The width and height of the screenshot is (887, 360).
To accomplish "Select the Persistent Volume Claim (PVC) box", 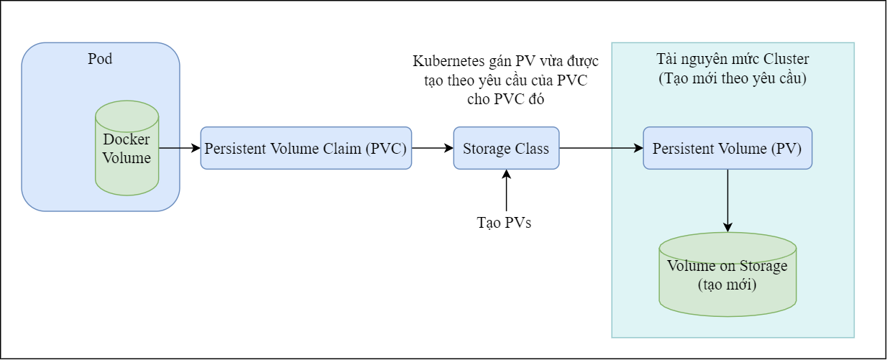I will click(306, 149).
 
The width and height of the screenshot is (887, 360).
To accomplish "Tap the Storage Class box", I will click(505, 149).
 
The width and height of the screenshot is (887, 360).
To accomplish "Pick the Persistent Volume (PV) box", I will click(727, 149).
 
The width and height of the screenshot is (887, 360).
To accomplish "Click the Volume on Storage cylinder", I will click(727, 273).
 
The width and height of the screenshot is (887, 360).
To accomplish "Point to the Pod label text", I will click(100, 59).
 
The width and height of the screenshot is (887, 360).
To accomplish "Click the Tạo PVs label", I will click(505, 223).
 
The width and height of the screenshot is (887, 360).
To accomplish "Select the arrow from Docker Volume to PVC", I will click(179, 149).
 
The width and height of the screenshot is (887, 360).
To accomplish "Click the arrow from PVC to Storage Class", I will click(432, 149).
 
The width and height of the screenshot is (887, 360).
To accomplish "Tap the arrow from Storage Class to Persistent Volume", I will click(600, 149).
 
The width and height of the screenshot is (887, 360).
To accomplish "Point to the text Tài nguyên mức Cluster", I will click(732, 59).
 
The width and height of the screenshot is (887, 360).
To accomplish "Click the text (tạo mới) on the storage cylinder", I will click(727, 285).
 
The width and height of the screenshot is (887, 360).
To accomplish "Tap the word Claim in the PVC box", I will click(339, 149).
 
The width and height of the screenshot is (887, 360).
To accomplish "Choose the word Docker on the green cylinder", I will click(127, 139).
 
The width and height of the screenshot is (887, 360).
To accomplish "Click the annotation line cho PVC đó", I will click(505, 100).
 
